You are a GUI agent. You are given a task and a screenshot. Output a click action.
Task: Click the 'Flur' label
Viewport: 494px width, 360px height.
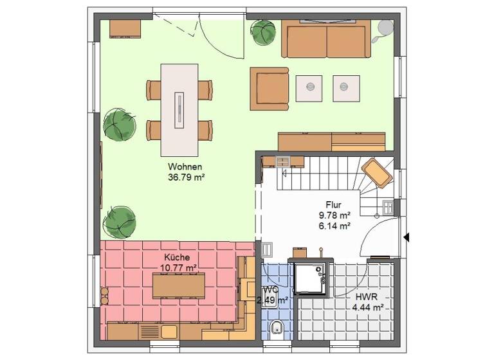point(334,205)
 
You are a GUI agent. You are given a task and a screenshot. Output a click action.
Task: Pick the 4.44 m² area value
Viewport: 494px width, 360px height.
point(367,308)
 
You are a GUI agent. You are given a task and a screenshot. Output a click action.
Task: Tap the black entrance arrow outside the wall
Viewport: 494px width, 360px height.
point(406,237)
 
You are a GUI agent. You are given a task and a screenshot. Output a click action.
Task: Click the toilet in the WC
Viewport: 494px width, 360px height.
point(276,328)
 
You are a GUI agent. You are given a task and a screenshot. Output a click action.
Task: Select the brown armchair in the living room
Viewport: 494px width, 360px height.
point(270,87)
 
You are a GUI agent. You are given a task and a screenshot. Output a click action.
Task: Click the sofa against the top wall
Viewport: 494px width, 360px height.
point(326,40)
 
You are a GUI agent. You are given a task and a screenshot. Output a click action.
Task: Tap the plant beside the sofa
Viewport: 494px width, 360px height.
point(263,32)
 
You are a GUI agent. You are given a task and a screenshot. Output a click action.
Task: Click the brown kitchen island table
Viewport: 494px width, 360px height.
point(178,285)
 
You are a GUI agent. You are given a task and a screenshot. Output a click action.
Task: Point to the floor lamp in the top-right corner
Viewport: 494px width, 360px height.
point(385,28)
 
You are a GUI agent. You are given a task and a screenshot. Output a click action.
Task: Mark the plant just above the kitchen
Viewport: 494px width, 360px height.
point(120,222)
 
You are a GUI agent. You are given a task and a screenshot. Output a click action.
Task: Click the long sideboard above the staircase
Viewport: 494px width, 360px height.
point(331,141)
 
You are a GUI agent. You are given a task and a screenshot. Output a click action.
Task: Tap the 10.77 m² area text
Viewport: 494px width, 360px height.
point(178,266)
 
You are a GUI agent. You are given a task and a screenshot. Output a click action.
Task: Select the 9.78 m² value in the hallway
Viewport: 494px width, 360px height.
point(334,215)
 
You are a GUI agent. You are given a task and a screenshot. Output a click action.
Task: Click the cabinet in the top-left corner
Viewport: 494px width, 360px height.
point(125,28)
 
